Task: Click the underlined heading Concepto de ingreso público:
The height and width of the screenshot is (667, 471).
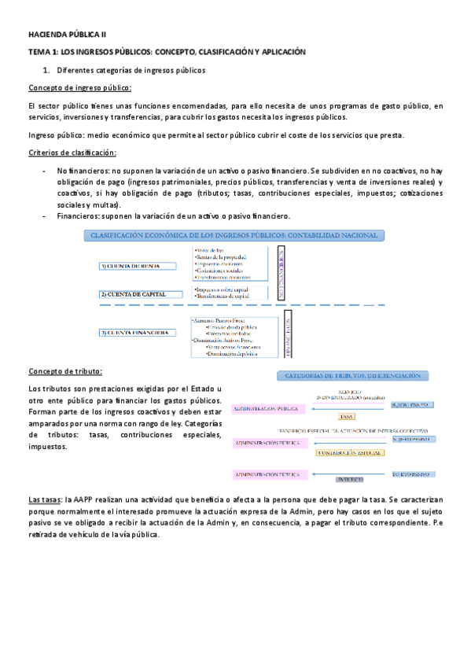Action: point(79,87)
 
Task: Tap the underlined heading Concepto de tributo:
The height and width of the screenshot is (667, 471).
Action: point(64,371)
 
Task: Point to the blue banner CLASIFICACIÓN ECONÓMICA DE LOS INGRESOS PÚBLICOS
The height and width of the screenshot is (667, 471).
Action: point(235,235)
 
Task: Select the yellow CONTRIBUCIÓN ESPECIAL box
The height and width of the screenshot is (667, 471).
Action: point(349,452)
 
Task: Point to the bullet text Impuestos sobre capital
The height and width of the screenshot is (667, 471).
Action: point(223,289)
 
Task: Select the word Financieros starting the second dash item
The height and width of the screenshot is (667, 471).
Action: point(77,216)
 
